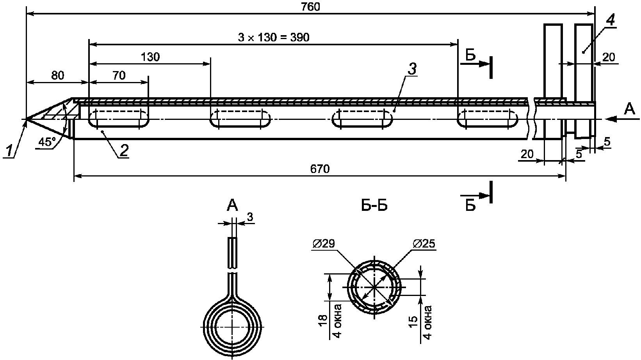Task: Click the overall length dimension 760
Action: pyautogui.click(x=310, y=7)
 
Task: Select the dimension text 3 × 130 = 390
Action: pyautogui.click(x=274, y=37)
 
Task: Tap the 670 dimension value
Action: pyautogui.click(x=320, y=169)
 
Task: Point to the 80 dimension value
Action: pyautogui.click(x=57, y=75)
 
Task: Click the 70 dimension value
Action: pyautogui.click(x=119, y=75)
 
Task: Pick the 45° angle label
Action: pyautogui.click(x=47, y=142)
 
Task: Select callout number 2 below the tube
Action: pyautogui.click(x=124, y=151)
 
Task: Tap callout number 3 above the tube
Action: pyautogui.click(x=412, y=69)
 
